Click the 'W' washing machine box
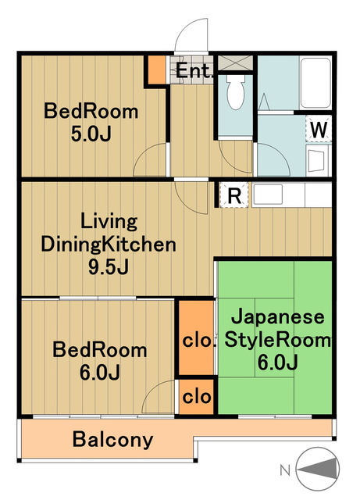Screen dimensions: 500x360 coord(319,129)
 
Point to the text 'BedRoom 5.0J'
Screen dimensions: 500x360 coord(91,123)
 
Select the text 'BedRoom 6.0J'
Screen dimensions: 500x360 coord(98,360)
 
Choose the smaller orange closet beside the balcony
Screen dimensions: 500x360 coord(195,396)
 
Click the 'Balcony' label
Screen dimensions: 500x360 coord(112,439)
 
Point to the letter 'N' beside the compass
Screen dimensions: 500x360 coord(286,470)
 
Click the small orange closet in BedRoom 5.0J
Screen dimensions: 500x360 coord(157,71)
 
